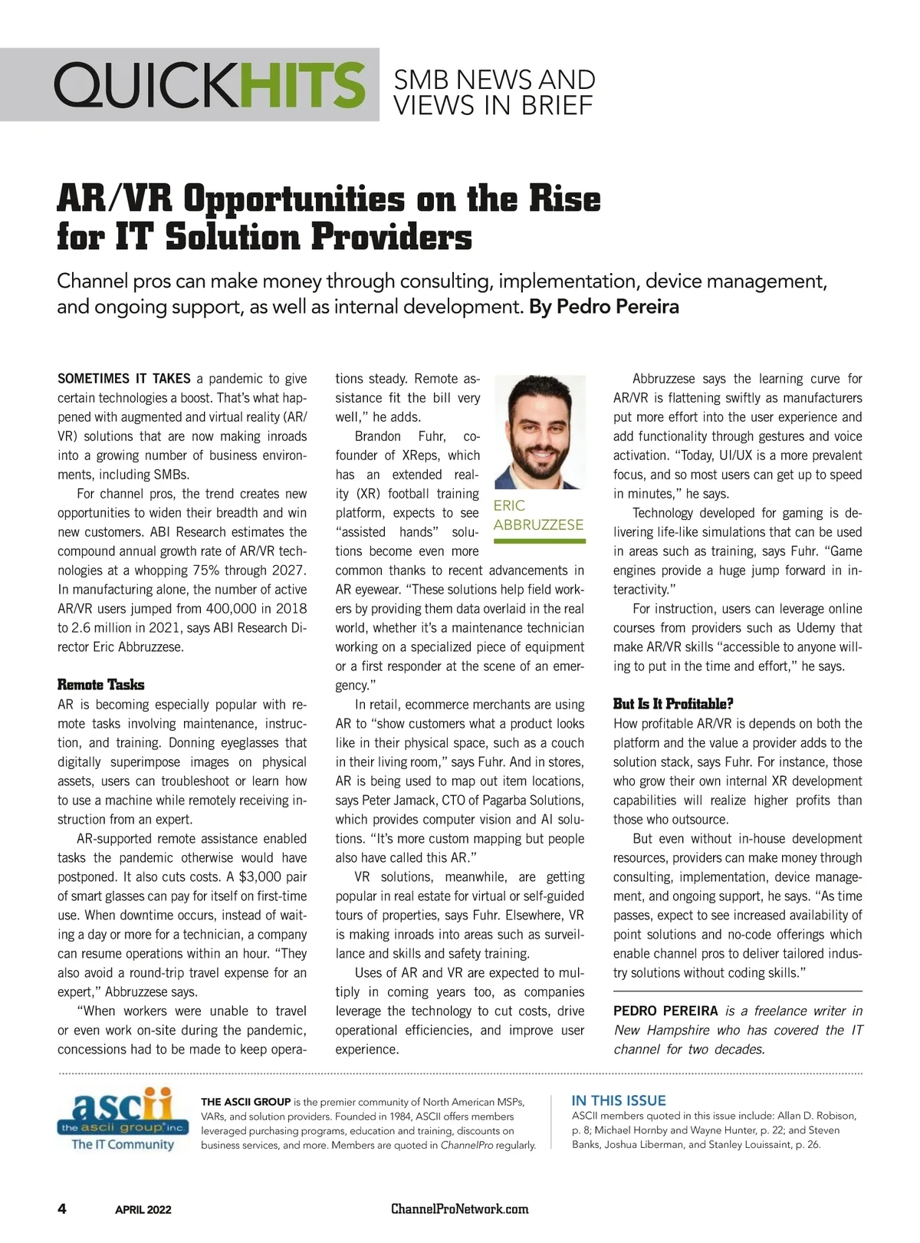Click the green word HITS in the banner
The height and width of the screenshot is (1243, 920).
(x=302, y=85)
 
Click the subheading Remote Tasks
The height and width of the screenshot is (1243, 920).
(x=100, y=685)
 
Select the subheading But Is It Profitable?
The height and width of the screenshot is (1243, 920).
(x=673, y=704)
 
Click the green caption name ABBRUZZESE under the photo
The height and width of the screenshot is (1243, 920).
(x=538, y=525)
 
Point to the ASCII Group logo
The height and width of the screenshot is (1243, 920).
(x=123, y=1120)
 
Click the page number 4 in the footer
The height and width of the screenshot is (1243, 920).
(x=62, y=1209)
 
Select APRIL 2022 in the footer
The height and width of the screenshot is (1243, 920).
(x=143, y=1210)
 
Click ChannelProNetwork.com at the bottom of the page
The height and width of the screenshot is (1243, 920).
(x=460, y=1209)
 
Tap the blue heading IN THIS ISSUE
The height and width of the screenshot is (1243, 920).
(x=619, y=1100)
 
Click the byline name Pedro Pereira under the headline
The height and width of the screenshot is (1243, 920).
(x=617, y=307)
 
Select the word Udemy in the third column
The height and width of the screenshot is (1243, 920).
(x=802, y=628)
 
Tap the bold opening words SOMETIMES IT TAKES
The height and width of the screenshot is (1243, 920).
(x=124, y=379)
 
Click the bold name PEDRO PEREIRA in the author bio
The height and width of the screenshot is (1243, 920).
(x=665, y=1011)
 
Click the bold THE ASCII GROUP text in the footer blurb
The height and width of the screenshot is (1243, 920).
(x=245, y=1102)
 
